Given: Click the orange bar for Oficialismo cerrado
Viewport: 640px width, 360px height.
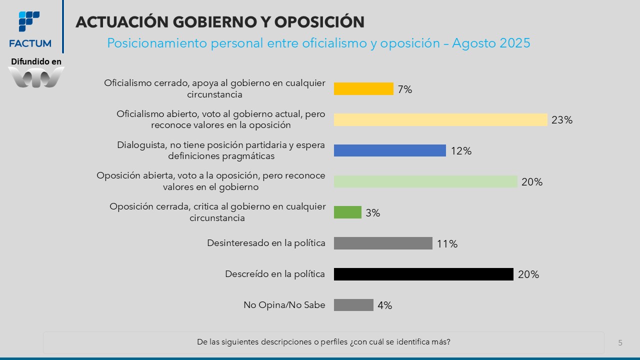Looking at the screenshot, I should pyautogui.click(x=363, y=89).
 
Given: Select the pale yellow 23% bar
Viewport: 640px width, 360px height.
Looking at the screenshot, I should pyautogui.click(x=440, y=120).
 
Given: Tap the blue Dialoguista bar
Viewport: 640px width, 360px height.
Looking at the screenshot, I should pyautogui.click(x=389, y=150).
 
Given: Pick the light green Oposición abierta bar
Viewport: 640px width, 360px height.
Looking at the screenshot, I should pyautogui.click(x=425, y=181).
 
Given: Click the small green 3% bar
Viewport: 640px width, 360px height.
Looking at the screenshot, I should pyautogui.click(x=347, y=212).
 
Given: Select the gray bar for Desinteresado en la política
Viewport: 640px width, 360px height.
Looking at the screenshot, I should pyautogui.click(x=383, y=243).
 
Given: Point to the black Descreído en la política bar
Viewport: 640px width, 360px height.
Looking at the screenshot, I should pyautogui.click(x=423, y=274).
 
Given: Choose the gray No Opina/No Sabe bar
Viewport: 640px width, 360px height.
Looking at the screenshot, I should pyautogui.click(x=353, y=305).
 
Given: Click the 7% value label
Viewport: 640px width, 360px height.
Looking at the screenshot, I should pyautogui.click(x=405, y=89).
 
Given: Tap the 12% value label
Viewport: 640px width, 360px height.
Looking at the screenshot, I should pyautogui.click(x=461, y=151).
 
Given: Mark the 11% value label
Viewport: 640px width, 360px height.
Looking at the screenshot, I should pyautogui.click(x=447, y=244).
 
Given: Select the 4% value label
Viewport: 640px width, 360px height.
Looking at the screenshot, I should pyautogui.click(x=385, y=305).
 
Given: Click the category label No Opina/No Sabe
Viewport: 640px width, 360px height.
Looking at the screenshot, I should pyautogui.click(x=284, y=305).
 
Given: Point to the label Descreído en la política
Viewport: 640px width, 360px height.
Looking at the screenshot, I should pyautogui.click(x=275, y=274).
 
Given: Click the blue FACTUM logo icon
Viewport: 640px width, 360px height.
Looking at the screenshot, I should pyautogui.click(x=29, y=21).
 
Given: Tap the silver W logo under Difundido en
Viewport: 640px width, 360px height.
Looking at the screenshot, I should pyautogui.click(x=36, y=77).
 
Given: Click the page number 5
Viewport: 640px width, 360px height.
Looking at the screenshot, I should pyautogui.click(x=620, y=343).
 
